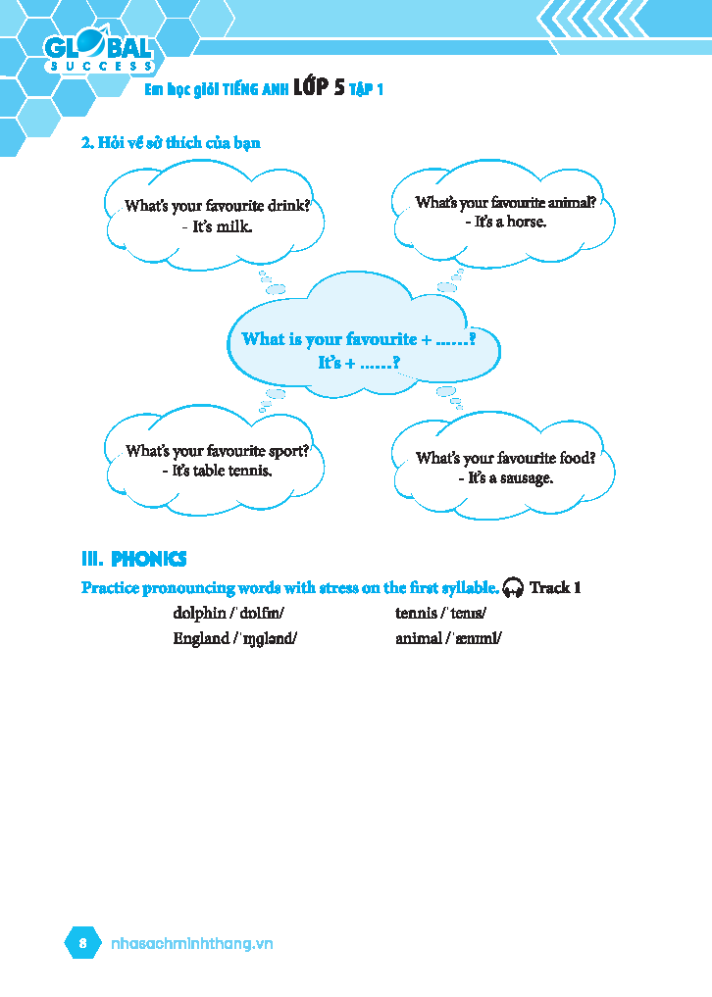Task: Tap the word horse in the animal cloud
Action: (x=526, y=222)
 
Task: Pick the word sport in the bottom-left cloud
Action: (x=287, y=452)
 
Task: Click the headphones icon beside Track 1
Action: (x=512, y=588)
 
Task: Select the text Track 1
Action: (x=555, y=588)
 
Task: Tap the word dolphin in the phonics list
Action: (x=199, y=614)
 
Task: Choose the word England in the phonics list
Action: (x=200, y=638)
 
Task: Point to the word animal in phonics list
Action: (x=418, y=638)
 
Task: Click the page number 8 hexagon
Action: (x=83, y=943)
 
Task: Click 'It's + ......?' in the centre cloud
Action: (x=358, y=363)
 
